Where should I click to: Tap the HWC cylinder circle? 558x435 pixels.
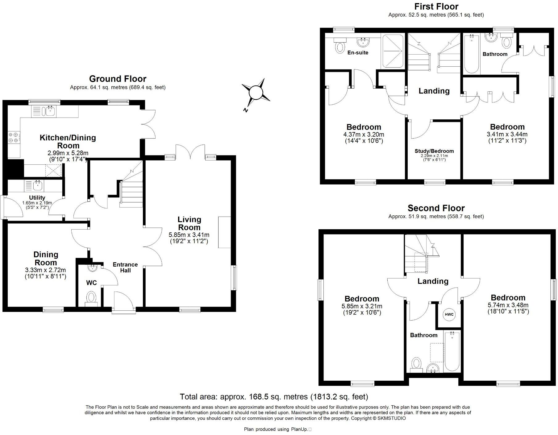point(449,314)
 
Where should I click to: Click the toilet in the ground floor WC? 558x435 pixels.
point(91,298)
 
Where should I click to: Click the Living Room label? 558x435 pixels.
point(189,223)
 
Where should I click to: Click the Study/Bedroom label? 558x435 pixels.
point(434,151)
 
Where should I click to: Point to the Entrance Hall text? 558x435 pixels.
point(125,267)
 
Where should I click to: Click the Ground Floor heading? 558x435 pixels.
point(118,79)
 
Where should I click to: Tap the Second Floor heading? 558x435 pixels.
point(436,208)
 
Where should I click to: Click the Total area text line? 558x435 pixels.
point(274,396)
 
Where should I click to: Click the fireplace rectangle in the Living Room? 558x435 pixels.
point(224,232)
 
